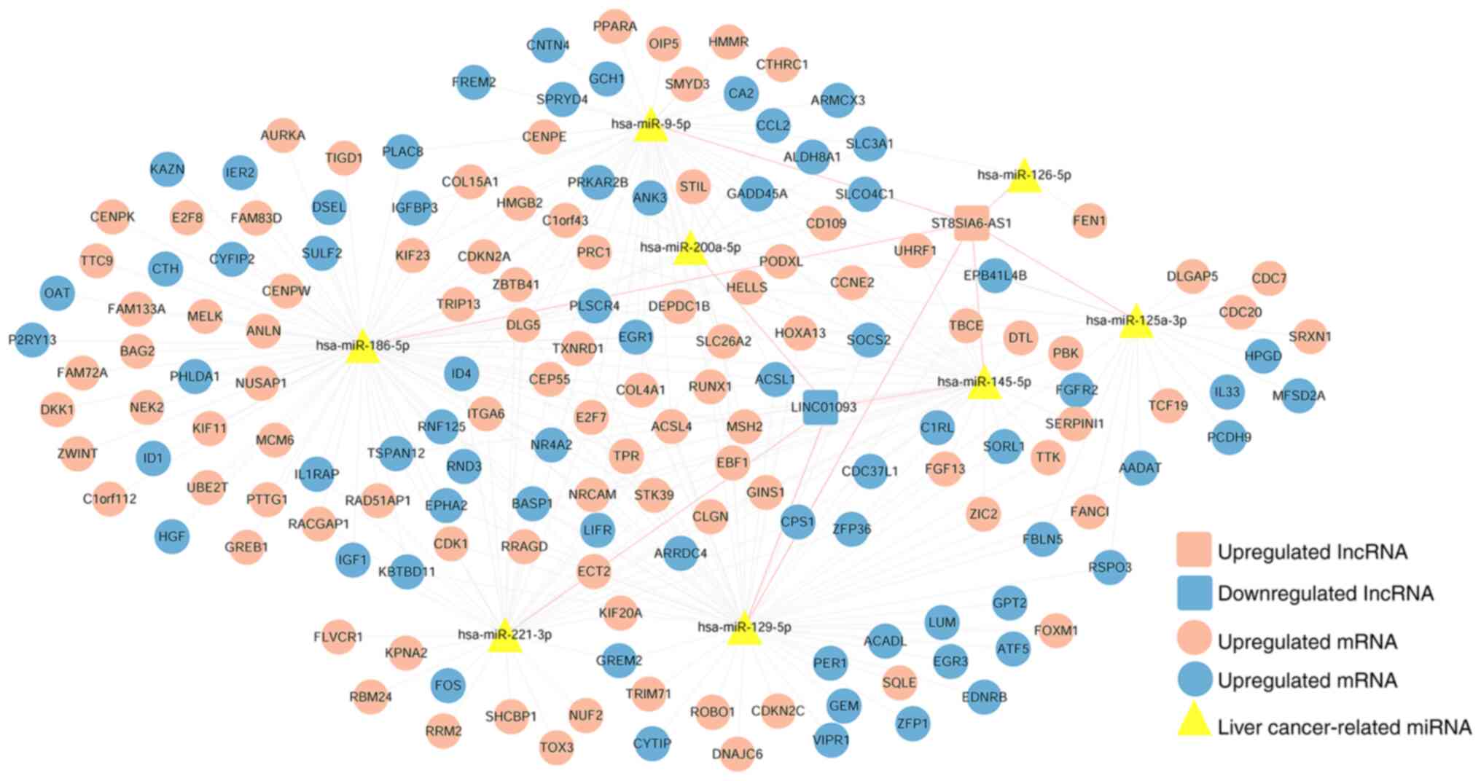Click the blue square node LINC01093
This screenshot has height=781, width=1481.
click(x=821, y=407)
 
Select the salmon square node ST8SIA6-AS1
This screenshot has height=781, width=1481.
click(x=971, y=223)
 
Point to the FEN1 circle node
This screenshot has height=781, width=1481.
click(x=1089, y=220)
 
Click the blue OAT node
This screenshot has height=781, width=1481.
click(x=57, y=293)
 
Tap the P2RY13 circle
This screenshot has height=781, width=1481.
click(x=32, y=340)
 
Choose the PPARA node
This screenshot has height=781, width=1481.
click(x=614, y=27)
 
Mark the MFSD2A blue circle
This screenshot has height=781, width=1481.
click(x=1298, y=396)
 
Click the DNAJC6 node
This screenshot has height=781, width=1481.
click(x=737, y=753)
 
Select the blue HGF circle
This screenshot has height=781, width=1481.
click(x=172, y=537)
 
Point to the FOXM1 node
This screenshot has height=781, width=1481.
click(x=1055, y=630)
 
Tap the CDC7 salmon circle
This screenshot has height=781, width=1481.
click(x=1269, y=278)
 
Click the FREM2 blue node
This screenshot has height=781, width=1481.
click(x=474, y=82)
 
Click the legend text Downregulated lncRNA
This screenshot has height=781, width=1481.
click(x=1325, y=593)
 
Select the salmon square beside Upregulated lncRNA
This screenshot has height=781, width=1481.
click(x=1194, y=550)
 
